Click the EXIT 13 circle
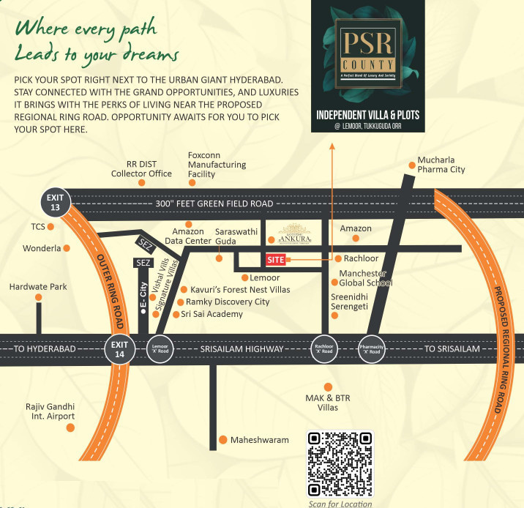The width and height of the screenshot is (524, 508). click(x=56, y=203)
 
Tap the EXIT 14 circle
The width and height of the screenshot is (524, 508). click(x=119, y=348)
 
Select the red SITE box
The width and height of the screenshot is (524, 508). click(x=275, y=259)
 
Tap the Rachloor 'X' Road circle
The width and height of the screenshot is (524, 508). click(x=323, y=348)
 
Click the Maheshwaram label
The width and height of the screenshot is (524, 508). click(x=259, y=440)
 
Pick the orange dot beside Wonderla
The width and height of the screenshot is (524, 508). click(x=67, y=248)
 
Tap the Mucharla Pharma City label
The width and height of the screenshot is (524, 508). click(x=441, y=165)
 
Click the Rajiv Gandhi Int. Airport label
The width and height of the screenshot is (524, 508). click(x=50, y=411)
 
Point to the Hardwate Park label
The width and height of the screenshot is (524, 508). click(x=38, y=287)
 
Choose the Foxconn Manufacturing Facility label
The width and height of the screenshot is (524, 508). click(x=217, y=165)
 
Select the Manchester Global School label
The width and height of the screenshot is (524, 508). click(x=365, y=278)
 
